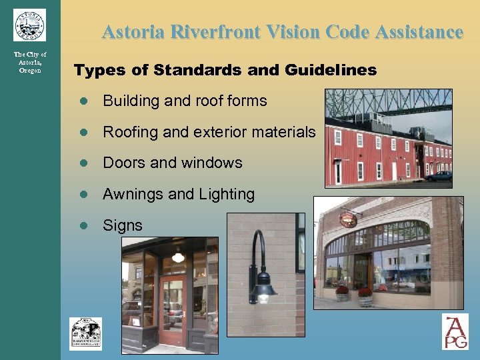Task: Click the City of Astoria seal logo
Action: click(x=29, y=25)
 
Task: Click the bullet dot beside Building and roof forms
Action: click(x=83, y=101)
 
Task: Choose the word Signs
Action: click(x=123, y=225)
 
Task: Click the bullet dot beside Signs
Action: click(x=83, y=225)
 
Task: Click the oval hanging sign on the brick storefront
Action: click(x=348, y=219)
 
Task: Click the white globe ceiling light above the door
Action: click(x=177, y=256)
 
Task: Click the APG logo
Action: click(x=455, y=331)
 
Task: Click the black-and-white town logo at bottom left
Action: click(x=86, y=333)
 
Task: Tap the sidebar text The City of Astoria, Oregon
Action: click(x=30, y=63)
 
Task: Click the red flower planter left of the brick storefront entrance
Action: click(x=342, y=292)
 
